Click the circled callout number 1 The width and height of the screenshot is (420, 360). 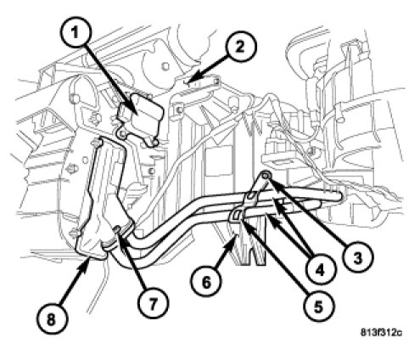[x=75, y=34]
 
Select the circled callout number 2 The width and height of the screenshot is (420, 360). [x=240, y=47]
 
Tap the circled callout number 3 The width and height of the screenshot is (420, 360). [x=357, y=258]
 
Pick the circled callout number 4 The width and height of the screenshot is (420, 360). [x=319, y=271]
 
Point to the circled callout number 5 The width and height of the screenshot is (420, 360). [x=318, y=307]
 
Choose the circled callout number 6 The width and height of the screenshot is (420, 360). [x=206, y=282]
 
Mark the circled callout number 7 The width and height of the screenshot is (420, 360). [x=153, y=304]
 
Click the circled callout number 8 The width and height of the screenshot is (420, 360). [x=51, y=321]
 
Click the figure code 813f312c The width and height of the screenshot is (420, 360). [x=381, y=332]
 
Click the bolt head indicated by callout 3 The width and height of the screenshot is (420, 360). [x=265, y=177]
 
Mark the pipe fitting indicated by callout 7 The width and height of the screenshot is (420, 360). [x=118, y=233]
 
